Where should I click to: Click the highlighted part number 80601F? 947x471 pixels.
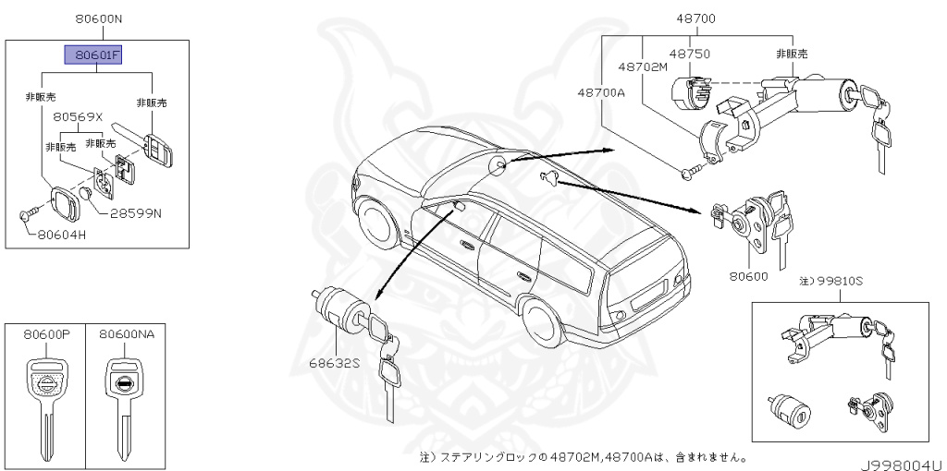coord(92,55)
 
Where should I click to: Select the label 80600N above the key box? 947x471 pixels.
coord(97,18)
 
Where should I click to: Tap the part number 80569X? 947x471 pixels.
coord(78,118)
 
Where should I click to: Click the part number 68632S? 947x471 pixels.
coord(335,363)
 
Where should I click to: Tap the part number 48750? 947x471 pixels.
coord(689,54)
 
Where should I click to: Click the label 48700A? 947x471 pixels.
coord(602,92)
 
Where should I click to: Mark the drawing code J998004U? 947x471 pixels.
coord(903,465)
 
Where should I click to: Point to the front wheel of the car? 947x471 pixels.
coord(378,224)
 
